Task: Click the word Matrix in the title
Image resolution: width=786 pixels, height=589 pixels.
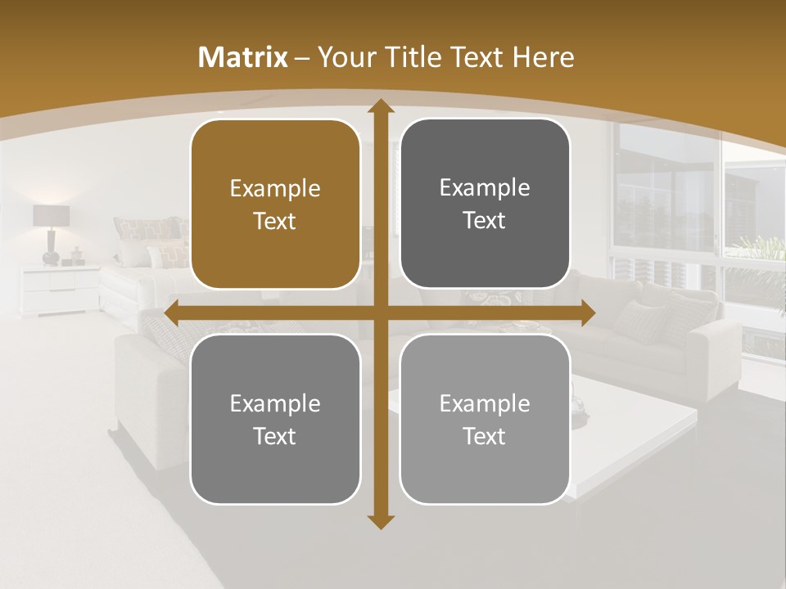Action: click(x=243, y=57)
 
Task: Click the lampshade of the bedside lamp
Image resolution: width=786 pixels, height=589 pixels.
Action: click(x=51, y=215)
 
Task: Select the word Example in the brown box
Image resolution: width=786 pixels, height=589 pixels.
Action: click(x=275, y=189)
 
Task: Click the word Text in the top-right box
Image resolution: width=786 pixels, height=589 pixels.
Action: click(x=485, y=221)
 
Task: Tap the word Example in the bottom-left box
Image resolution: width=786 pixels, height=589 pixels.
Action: click(x=275, y=403)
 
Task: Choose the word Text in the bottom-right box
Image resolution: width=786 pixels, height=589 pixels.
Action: click(x=485, y=436)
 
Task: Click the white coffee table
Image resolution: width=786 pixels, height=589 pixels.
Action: click(x=639, y=425)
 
